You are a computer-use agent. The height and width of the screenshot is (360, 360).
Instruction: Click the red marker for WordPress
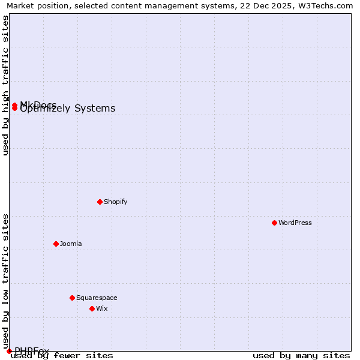[274, 223]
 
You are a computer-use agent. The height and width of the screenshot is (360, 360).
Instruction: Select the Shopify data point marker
[100, 202]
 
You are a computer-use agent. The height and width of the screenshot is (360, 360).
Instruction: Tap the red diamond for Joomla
[56, 244]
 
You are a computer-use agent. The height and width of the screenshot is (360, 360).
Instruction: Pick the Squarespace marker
[72, 298]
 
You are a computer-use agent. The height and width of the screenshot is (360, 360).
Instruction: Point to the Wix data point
[92, 308]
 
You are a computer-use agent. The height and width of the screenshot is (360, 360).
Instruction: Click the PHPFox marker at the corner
[9, 351]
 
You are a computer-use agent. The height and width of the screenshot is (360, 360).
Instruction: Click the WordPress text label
[295, 223]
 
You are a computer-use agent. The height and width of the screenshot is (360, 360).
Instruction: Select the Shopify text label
[116, 202]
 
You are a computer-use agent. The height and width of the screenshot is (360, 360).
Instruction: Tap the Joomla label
[71, 244]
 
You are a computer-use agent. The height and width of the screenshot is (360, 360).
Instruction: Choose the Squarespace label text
[97, 298]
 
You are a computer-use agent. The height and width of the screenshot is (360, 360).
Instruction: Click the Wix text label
[102, 308]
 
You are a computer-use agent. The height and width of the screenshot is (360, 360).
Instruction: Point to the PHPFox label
[32, 351]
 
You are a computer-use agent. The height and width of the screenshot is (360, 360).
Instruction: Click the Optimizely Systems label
[68, 109]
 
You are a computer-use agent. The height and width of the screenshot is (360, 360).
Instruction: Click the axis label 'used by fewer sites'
[62, 356]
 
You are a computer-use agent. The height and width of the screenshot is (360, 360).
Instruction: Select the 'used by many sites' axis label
[301, 356]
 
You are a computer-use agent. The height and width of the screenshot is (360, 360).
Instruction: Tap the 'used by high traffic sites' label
[5, 85]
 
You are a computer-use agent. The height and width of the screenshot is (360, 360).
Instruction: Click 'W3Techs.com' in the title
[327, 5]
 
